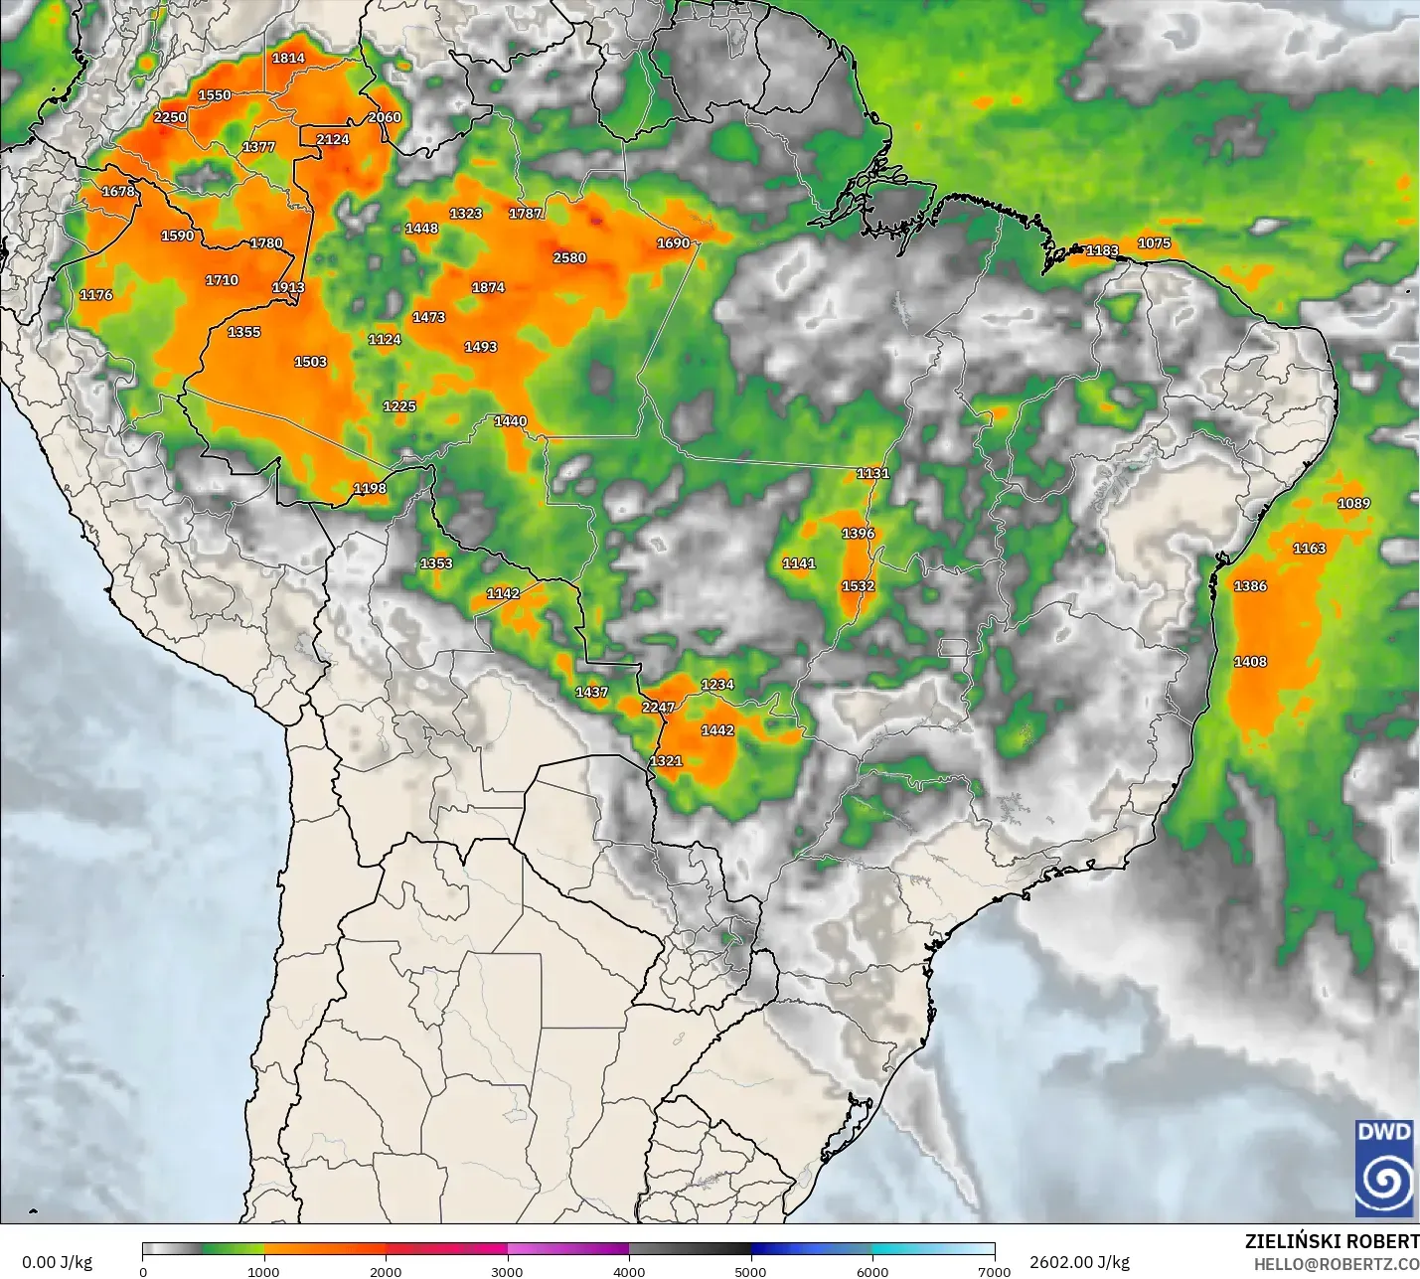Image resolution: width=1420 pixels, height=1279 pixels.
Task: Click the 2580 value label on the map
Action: point(569,258)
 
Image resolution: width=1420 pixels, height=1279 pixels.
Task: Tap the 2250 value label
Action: point(170,117)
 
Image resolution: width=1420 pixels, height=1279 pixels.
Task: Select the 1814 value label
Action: point(288,59)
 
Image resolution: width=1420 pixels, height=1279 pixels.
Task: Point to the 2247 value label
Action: point(658,708)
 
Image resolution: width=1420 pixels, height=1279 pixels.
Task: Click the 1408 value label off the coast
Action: point(1250,662)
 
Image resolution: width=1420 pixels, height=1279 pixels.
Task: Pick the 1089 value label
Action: point(1353,504)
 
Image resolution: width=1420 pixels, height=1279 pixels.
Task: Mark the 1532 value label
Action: point(858,586)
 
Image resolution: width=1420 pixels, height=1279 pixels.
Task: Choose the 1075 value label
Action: point(1154,243)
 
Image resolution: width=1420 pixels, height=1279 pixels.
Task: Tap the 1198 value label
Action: point(370,489)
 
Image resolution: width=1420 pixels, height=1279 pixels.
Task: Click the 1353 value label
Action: point(436,563)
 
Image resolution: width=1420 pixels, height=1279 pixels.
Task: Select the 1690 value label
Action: point(673,243)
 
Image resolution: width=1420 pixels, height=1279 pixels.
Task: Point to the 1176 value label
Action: point(96,295)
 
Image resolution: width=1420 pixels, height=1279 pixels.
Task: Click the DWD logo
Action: point(1383,1168)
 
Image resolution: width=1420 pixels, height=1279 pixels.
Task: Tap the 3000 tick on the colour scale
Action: point(507,1271)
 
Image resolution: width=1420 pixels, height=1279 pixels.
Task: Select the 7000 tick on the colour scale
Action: point(994,1271)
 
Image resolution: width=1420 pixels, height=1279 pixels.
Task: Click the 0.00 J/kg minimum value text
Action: point(57,1262)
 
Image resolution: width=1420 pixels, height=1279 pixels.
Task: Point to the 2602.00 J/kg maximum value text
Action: point(1079,1262)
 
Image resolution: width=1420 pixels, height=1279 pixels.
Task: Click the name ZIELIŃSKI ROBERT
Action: point(1332,1242)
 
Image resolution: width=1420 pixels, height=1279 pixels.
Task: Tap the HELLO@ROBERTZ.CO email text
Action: point(1336,1264)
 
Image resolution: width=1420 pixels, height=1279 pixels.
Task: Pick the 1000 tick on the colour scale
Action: point(263,1271)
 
